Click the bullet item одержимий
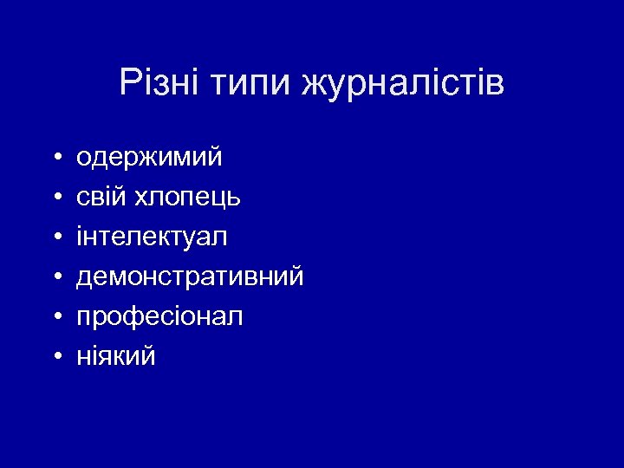tap(149, 159)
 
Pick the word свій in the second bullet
tap(101, 198)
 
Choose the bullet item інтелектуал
tap(153, 237)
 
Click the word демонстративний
tap(190, 276)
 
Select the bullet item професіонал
tap(159, 317)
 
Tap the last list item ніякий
tap(116, 356)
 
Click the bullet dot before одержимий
tap(55, 159)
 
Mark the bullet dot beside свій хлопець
tap(55, 198)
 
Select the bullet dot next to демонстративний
tap(55, 277)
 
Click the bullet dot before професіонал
tap(55, 317)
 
